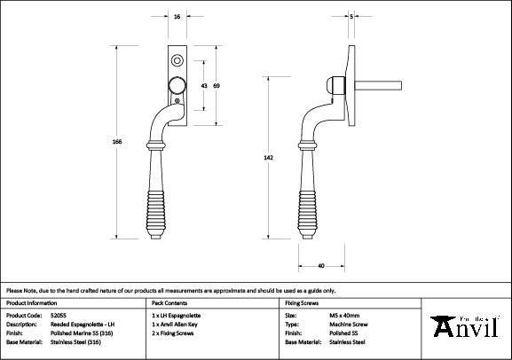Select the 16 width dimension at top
coord(177,17)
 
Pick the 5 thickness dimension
coord(352,17)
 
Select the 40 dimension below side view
coord(319,264)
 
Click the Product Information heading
coord(32,302)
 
